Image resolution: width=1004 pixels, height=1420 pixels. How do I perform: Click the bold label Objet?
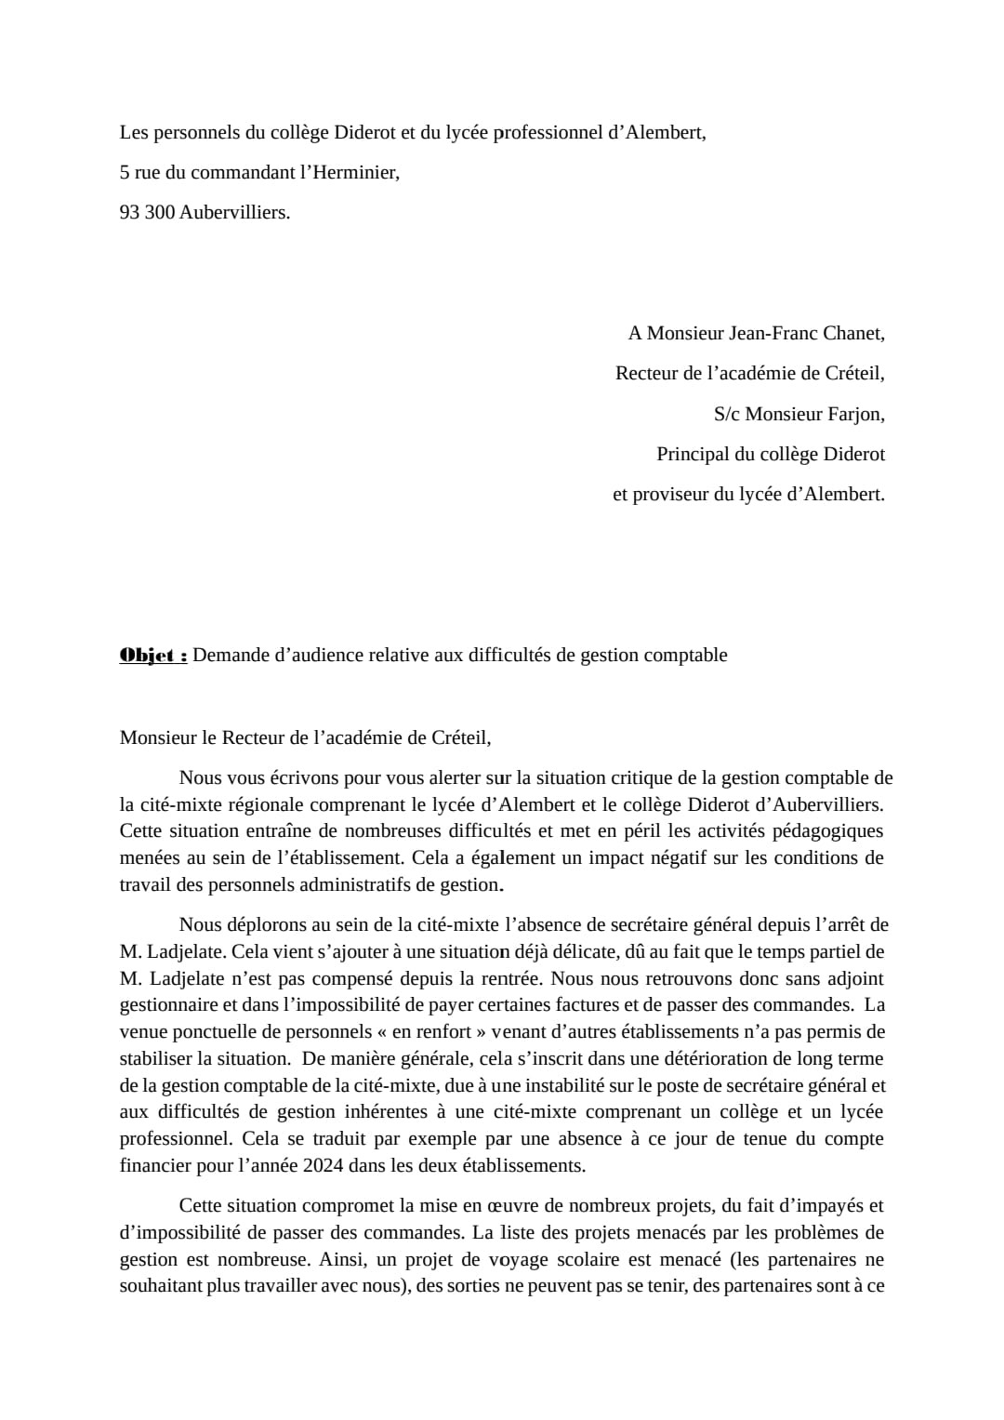(x=152, y=655)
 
